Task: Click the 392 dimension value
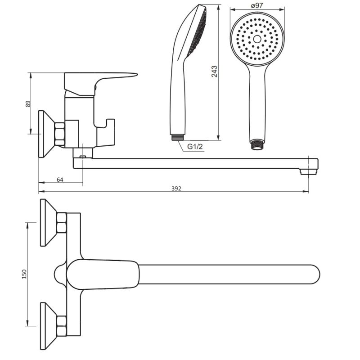click(176, 189)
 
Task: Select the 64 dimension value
click(60, 180)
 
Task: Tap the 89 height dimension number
click(28, 104)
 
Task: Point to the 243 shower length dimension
click(214, 72)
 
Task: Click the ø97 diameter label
click(257, 5)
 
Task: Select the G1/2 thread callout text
click(195, 147)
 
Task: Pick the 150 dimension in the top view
click(24, 274)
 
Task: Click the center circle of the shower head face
click(257, 39)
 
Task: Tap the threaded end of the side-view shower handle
click(178, 137)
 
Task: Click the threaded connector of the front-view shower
click(257, 144)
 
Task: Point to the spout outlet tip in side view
click(309, 172)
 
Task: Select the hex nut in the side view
click(60, 134)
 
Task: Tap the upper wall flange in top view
click(48, 223)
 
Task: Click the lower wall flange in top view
click(48, 326)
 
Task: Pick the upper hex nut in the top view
click(61, 222)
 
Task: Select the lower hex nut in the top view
click(61, 325)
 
